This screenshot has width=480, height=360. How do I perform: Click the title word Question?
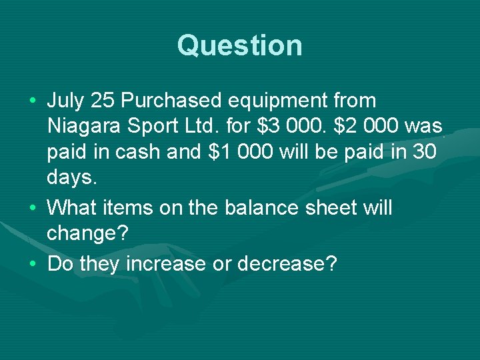coord(240,46)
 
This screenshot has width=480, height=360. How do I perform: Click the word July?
coord(65,101)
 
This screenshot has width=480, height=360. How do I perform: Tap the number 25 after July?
coord(103,101)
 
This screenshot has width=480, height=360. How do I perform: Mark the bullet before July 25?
coord(33,102)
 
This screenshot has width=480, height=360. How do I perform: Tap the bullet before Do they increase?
coord(33,264)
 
